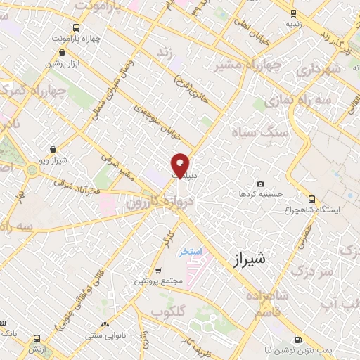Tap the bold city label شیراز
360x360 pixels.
click(249, 259)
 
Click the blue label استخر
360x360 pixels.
click(188, 251)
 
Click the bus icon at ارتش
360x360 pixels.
click(37, 338)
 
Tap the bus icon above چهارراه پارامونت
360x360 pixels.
click(64, 27)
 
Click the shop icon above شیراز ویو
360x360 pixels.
click(53, 149)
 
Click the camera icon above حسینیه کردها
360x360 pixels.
click(261, 184)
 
